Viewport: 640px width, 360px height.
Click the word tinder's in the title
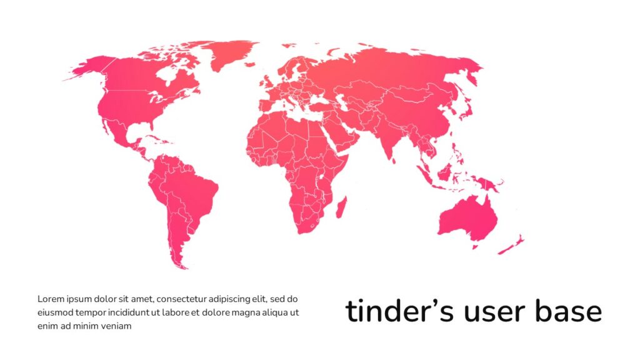[x=399, y=312]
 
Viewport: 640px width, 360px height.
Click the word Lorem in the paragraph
[x=50, y=299]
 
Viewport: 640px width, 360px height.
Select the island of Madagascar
[x=342, y=207]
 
